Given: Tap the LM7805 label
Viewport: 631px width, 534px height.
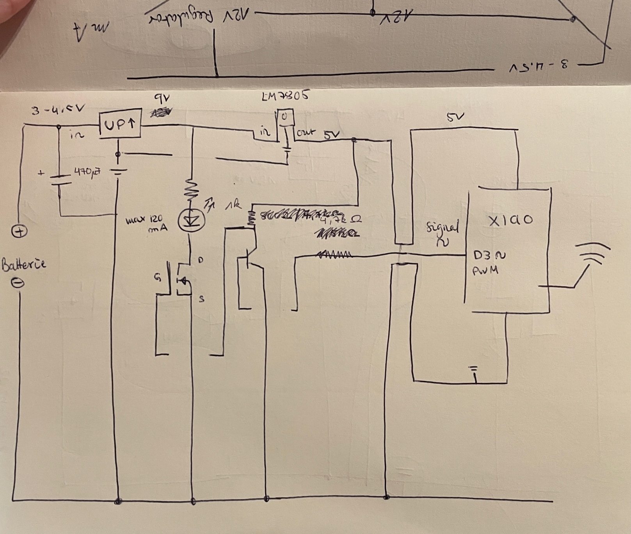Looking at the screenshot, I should pyautogui.click(x=286, y=96).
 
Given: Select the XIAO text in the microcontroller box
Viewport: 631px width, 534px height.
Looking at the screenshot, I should pyautogui.click(x=510, y=220).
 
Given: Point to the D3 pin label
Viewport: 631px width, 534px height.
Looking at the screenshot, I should pyautogui.click(x=483, y=256).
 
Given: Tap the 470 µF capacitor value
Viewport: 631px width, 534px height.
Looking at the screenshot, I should pyautogui.click(x=87, y=171).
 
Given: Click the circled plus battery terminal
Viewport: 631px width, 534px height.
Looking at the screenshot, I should pyautogui.click(x=19, y=232).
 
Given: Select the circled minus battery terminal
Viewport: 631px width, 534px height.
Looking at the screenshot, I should pyautogui.click(x=18, y=283).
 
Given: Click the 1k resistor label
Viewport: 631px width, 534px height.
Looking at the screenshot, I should pyautogui.click(x=234, y=205).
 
